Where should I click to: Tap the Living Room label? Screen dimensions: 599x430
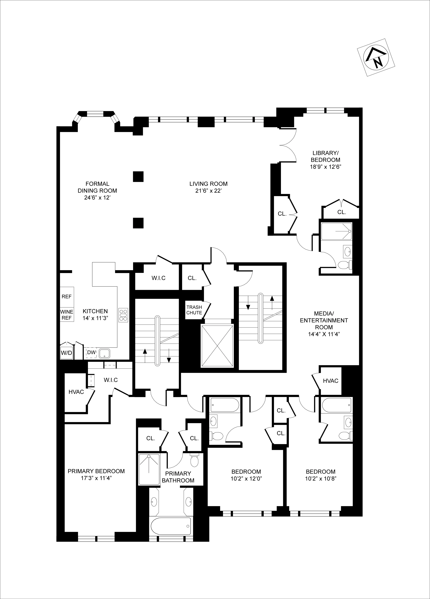coord(208,184)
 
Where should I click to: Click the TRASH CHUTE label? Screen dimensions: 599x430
coord(194,310)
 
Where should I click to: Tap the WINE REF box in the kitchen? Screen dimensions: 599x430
coord(67,315)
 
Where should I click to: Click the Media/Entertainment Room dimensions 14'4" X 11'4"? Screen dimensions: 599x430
coord(324,334)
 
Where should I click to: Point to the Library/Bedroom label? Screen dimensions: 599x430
coord(325,156)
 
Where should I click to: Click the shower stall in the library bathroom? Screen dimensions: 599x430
coord(336,231)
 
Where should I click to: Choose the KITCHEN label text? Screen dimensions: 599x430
coord(95,311)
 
